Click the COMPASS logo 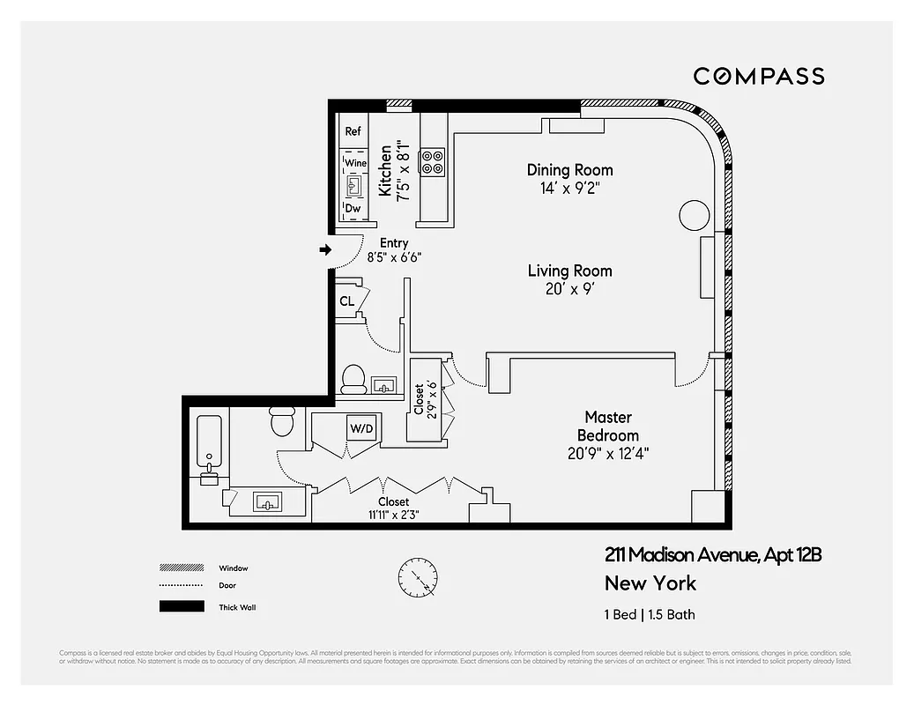click(x=759, y=77)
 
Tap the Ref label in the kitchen click(x=353, y=131)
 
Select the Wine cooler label click(x=356, y=164)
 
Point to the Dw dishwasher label click(x=353, y=209)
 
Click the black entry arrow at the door click(x=325, y=250)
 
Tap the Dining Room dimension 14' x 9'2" click(x=569, y=189)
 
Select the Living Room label click(x=569, y=271)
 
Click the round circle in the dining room click(x=693, y=215)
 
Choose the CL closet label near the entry click(x=347, y=301)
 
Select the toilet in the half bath click(x=354, y=379)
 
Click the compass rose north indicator click(x=415, y=578)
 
